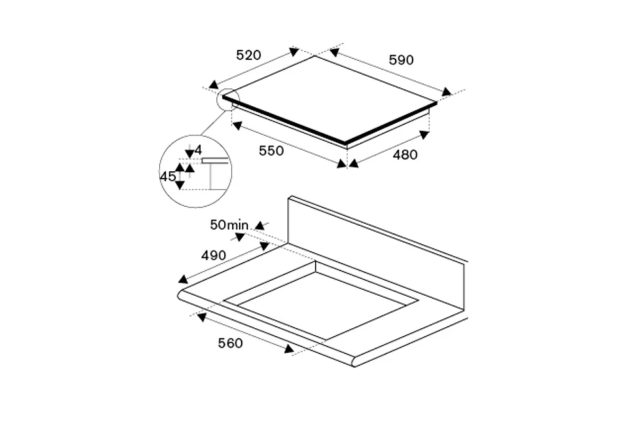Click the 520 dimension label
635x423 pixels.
249,55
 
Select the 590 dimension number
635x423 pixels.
401,60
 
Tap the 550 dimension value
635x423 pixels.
271,151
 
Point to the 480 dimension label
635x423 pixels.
405,155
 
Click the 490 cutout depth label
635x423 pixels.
213,255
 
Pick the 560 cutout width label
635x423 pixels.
230,343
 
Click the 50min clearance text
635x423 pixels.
229,225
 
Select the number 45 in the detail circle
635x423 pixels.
168,177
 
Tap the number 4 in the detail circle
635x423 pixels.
198,150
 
